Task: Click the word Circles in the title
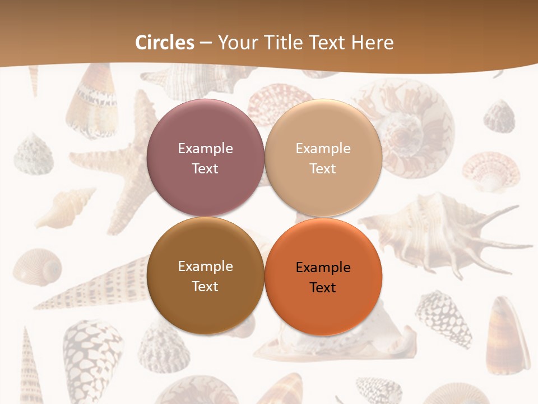(165, 43)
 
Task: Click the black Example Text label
(323, 277)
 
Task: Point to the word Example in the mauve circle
(205, 149)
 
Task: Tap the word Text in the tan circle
(323, 168)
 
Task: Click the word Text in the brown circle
(205, 286)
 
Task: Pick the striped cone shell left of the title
(91, 101)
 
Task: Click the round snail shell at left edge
(37, 267)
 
